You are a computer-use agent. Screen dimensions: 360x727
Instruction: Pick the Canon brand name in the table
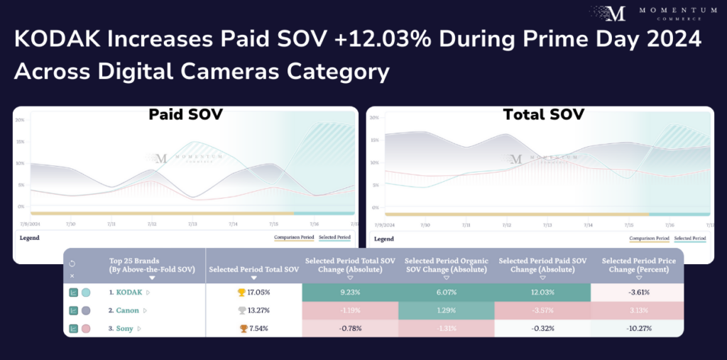[128, 310]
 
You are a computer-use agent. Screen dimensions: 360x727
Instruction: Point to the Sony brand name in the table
[125, 328]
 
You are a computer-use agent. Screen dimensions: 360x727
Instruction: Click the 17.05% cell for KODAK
[253, 292]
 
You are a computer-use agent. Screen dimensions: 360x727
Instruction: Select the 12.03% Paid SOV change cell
[542, 292]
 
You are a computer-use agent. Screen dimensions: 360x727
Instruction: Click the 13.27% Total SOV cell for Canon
[253, 310]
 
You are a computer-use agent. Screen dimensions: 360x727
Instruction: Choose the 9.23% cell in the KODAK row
[350, 292]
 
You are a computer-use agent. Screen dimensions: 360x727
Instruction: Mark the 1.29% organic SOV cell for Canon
[446, 310]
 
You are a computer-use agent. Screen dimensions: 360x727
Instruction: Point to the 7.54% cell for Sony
[253, 328]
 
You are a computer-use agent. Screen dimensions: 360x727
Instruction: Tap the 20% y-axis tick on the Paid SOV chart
[20, 120]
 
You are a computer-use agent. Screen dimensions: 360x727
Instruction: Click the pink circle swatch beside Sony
[86, 328]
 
